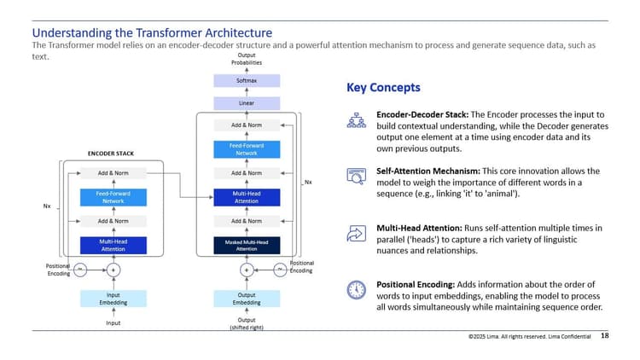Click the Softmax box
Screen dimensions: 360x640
pyautogui.click(x=246, y=81)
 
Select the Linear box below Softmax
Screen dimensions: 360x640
pyautogui.click(x=246, y=102)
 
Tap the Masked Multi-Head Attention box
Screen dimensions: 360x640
pyautogui.click(x=246, y=246)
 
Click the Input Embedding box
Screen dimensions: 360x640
pyautogui.click(x=113, y=298)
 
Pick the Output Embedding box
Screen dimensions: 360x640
pyautogui.click(x=246, y=298)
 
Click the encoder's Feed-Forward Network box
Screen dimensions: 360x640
pyautogui.click(x=113, y=197)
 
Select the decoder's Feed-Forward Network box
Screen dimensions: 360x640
pyautogui.click(x=246, y=149)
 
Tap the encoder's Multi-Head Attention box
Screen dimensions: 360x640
pyautogui.click(x=113, y=246)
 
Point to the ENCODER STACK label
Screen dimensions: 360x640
pyautogui.click(x=112, y=154)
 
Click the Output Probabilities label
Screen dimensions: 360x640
pyautogui.click(x=246, y=59)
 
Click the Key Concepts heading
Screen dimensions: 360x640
pyautogui.click(x=383, y=88)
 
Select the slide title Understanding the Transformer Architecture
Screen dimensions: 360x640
pyautogui.click(x=151, y=33)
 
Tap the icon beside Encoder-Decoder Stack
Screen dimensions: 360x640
pyautogui.click(x=356, y=120)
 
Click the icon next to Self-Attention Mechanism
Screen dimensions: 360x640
pyautogui.click(x=356, y=177)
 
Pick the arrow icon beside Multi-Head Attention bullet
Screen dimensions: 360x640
pyautogui.click(x=356, y=233)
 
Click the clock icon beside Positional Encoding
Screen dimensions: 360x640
pyautogui.click(x=356, y=289)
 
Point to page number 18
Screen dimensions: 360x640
pyautogui.click(x=605, y=336)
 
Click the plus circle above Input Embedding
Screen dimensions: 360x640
pyautogui.click(x=113, y=270)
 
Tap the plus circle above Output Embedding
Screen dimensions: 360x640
pyautogui.click(x=246, y=270)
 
